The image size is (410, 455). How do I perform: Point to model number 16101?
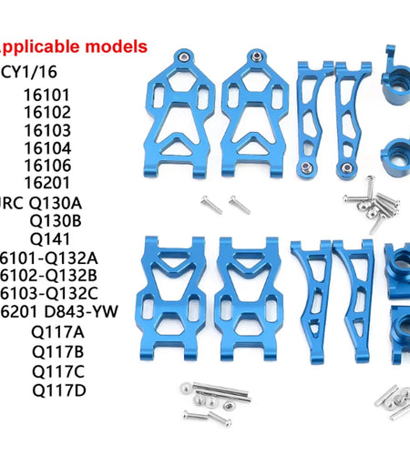coord(46,95)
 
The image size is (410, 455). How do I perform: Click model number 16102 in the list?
coord(46,113)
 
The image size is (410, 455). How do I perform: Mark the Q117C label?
coord(57,371)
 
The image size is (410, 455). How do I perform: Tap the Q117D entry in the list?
coord(57,391)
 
